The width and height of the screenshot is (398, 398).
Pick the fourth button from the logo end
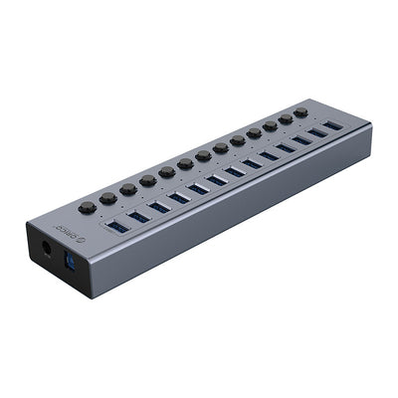tap(167, 172)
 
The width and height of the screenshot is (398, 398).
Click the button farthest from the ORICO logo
tap(300, 113)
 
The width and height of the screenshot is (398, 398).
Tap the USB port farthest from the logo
tap(331, 126)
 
